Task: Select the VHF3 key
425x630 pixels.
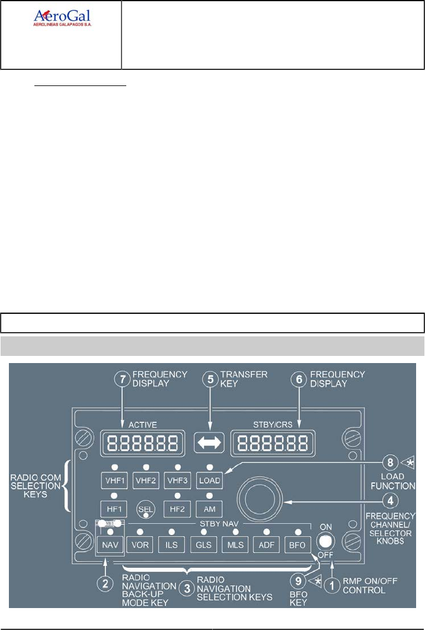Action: tap(178, 479)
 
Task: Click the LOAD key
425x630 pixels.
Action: tap(210, 479)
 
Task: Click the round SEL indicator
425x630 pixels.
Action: tap(145, 509)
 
